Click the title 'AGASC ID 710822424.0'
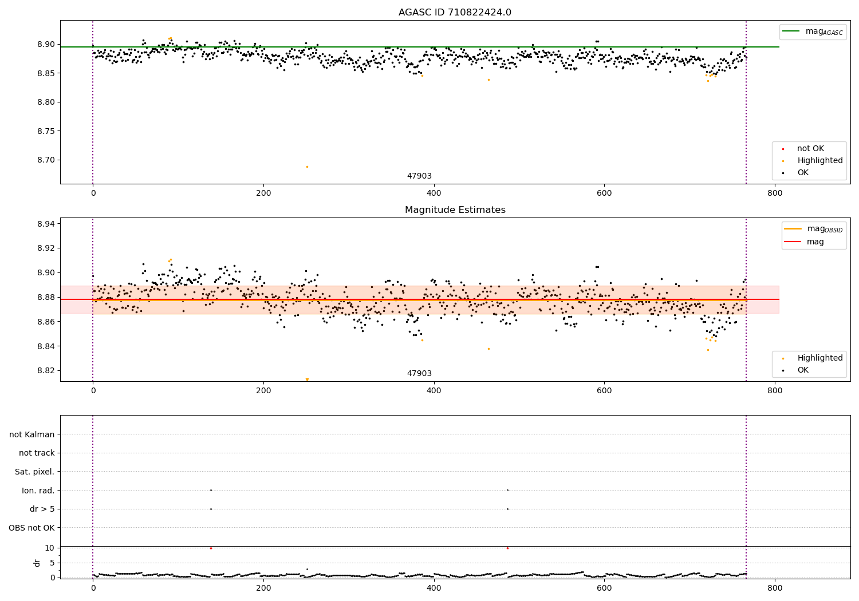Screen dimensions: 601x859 click(455, 13)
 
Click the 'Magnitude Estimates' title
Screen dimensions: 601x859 click(455, 210)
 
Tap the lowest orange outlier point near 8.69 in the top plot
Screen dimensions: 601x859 click(307, 167)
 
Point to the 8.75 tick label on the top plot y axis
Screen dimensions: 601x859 click(46, 131)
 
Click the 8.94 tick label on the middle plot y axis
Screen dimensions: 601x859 click(46, 224)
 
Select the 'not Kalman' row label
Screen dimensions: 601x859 click(32, 434)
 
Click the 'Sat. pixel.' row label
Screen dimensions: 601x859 click(34, 472)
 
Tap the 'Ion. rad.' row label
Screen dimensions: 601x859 click(38, 491)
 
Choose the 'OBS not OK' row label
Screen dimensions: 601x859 click(31, 528)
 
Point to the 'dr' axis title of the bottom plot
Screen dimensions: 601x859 click(37, 563)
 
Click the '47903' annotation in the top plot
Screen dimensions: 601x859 click(419, 176)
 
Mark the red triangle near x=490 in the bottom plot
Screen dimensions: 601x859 click(507, 548)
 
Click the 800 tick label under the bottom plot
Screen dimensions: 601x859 click(774, 588)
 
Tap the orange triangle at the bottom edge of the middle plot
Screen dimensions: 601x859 click(307, 379)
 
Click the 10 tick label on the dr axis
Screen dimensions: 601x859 click(50, 548)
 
